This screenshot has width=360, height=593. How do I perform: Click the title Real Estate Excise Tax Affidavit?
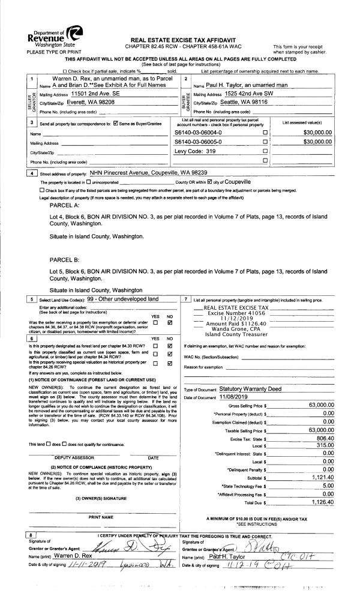pyautogui.click(x=181, y=37)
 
